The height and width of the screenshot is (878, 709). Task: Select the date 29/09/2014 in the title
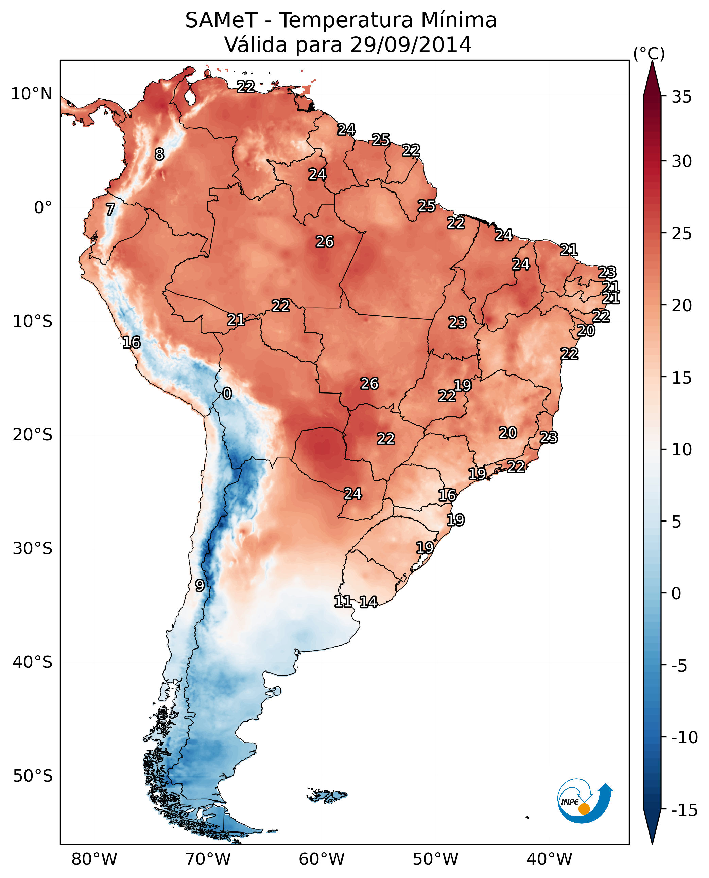tap(411, 45)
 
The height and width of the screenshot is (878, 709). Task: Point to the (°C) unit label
tap(649, 53)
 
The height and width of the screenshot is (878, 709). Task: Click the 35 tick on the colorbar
tap(681, 97)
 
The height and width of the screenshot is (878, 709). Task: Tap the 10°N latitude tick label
tap(32, 94)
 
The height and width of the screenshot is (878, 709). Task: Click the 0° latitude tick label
tap(43, 208)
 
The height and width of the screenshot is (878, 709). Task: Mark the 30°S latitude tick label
tap(33, 549)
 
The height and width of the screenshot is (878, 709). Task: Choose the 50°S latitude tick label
tap(33, 775)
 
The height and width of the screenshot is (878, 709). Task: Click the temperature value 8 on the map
tap(159, 154)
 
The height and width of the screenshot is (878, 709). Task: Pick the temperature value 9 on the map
tap(199, 585)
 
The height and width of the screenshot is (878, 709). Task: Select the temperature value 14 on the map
tap(368, 602)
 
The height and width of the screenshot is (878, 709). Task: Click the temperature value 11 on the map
tap(343, 601)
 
